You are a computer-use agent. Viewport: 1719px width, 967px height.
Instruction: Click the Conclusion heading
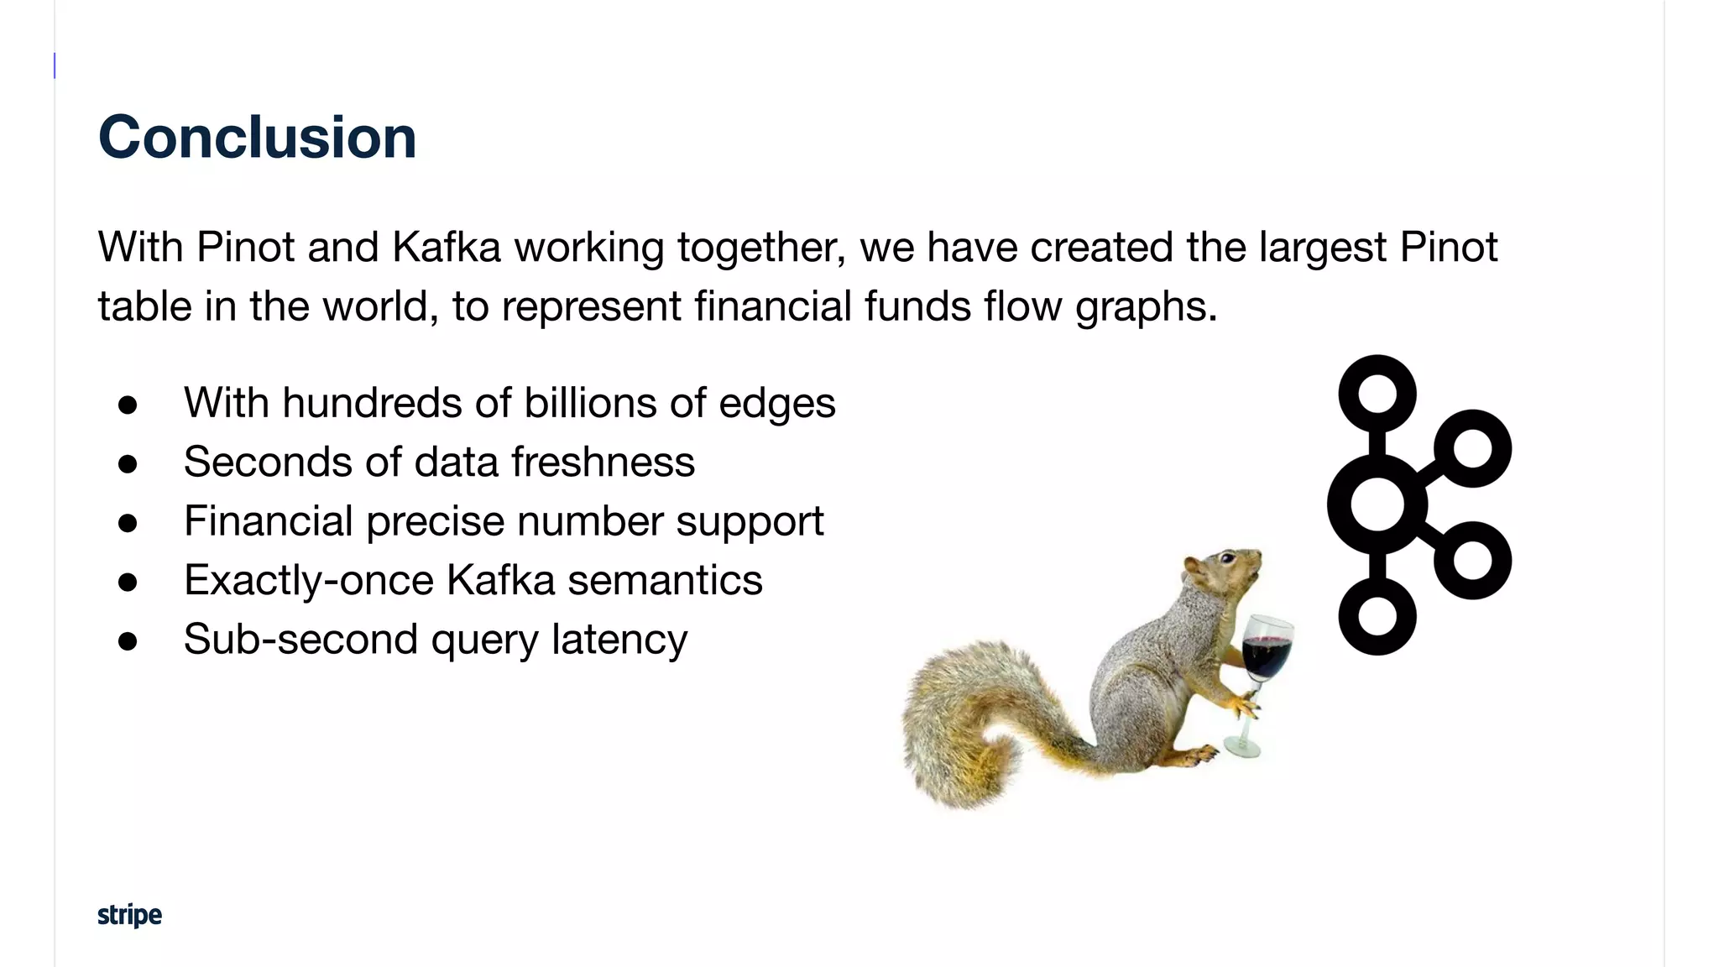[257, 137]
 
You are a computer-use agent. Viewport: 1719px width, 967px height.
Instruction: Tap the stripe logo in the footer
[129, 914]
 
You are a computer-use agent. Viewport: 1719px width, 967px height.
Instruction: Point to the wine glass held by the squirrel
[1264, 663]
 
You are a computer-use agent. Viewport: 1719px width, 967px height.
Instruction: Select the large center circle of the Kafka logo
[1377, 504]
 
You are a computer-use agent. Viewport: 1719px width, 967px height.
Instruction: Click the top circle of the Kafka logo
[1377, 394]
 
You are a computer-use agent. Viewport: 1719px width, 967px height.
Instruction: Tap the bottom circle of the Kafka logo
[1377, 616]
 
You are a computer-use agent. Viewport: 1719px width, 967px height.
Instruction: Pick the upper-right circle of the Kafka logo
[1472, 448]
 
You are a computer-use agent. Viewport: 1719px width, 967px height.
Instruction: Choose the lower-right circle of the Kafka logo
[1472, 561]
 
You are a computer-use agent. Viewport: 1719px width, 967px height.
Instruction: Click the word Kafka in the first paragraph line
[446, 248]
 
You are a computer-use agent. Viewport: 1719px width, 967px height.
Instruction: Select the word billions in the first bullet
[590, 403]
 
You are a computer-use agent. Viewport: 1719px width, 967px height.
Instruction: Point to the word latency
[619, 640]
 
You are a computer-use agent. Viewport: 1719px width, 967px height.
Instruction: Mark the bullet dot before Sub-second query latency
[128, 641]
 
